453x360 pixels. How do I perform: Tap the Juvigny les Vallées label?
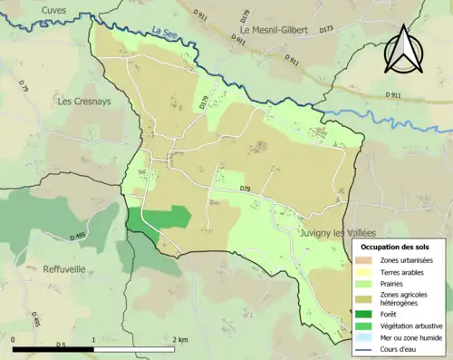tap(339, 233)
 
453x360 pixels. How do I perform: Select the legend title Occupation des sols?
tap(395, 246)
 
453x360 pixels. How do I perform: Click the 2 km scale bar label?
tap(180, 337)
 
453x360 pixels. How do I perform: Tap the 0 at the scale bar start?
tap(14, 337)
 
